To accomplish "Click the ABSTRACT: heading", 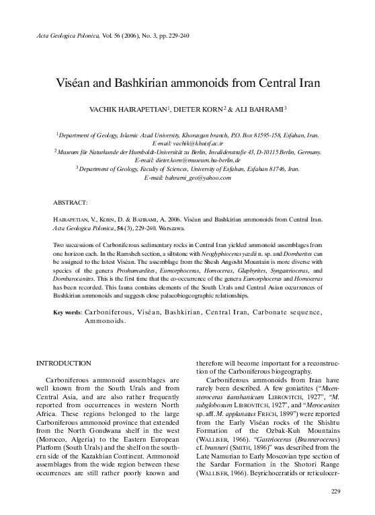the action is (x=71, y=202).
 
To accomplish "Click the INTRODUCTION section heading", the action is (x=67, y=364).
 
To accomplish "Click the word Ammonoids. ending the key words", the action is (x=106, y=322).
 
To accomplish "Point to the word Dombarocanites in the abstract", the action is (x=78, y=279).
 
